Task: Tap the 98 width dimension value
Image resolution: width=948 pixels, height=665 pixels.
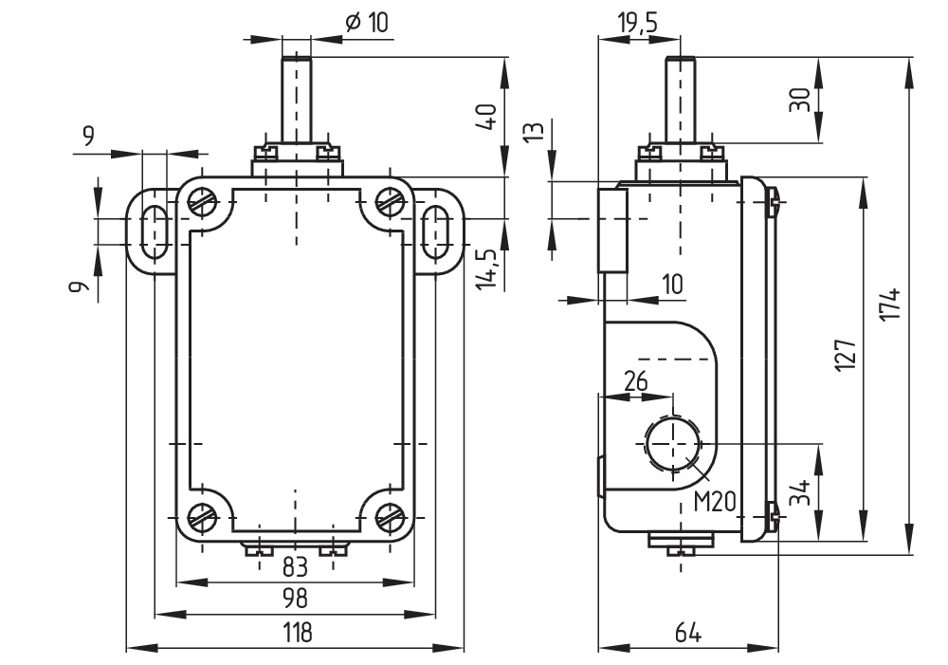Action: click(297, 599)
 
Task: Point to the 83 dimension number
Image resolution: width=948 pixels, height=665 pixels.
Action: click(297, 567)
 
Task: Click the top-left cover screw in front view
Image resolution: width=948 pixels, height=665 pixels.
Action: click(203, 201)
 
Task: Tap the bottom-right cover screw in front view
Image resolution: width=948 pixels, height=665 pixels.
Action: click(390, 517)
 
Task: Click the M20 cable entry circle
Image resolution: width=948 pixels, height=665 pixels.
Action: click(672, 444)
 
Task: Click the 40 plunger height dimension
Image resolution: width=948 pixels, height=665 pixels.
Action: click(487, 118)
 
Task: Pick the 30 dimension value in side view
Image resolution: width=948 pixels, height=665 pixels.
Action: click(801, 101)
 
